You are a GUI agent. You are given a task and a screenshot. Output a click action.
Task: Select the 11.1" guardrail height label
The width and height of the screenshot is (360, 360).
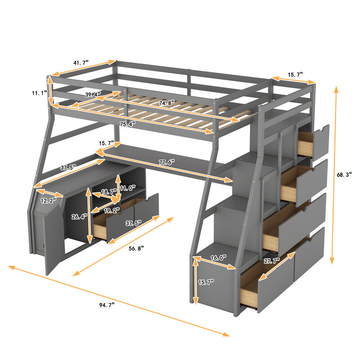click(x=40, y=93)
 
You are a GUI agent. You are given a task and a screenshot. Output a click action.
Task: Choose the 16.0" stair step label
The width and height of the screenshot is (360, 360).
click(x=217, y=257)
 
